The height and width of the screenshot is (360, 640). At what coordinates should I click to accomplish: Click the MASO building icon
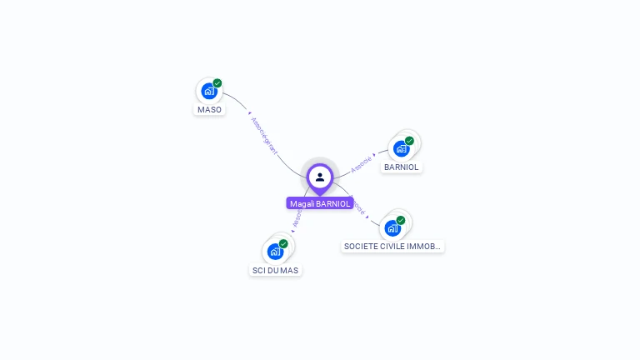[208, 91]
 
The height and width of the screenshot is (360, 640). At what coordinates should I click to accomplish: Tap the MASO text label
[209, 109]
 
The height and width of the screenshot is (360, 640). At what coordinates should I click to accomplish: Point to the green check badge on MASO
[217, 83]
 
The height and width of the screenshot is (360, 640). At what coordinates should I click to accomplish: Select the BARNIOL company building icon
[402, 148]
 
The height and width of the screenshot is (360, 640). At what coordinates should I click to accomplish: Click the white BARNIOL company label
[402, 167]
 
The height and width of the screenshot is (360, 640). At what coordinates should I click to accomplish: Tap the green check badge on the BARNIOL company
[409, 141]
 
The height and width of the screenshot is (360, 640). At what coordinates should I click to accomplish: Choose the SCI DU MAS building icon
[275, 251]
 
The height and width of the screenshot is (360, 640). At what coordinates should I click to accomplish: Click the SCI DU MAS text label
[275, 270]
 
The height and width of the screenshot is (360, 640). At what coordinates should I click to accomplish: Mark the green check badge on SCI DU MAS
[283, 243]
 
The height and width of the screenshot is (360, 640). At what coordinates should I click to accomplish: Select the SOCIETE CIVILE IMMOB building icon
[392, 227]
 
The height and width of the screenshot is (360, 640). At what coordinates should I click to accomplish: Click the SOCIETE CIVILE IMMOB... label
[392, 246]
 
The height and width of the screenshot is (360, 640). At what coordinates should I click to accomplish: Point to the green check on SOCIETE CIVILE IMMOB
[401, 220]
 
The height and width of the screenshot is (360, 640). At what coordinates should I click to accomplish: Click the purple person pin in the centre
[320, 177]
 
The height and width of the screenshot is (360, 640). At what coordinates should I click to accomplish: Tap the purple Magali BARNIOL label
[320, 203]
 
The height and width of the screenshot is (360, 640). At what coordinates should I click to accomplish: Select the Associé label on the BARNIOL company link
[362, 162]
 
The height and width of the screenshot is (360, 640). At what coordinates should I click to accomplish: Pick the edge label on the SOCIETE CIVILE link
[359, 205]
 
